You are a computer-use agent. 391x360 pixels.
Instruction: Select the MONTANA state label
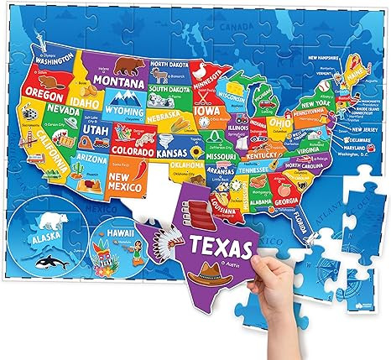click(117, 82)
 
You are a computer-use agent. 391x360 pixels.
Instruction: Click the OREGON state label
click(39, 91)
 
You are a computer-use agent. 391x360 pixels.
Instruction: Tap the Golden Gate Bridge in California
click(26, 143)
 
